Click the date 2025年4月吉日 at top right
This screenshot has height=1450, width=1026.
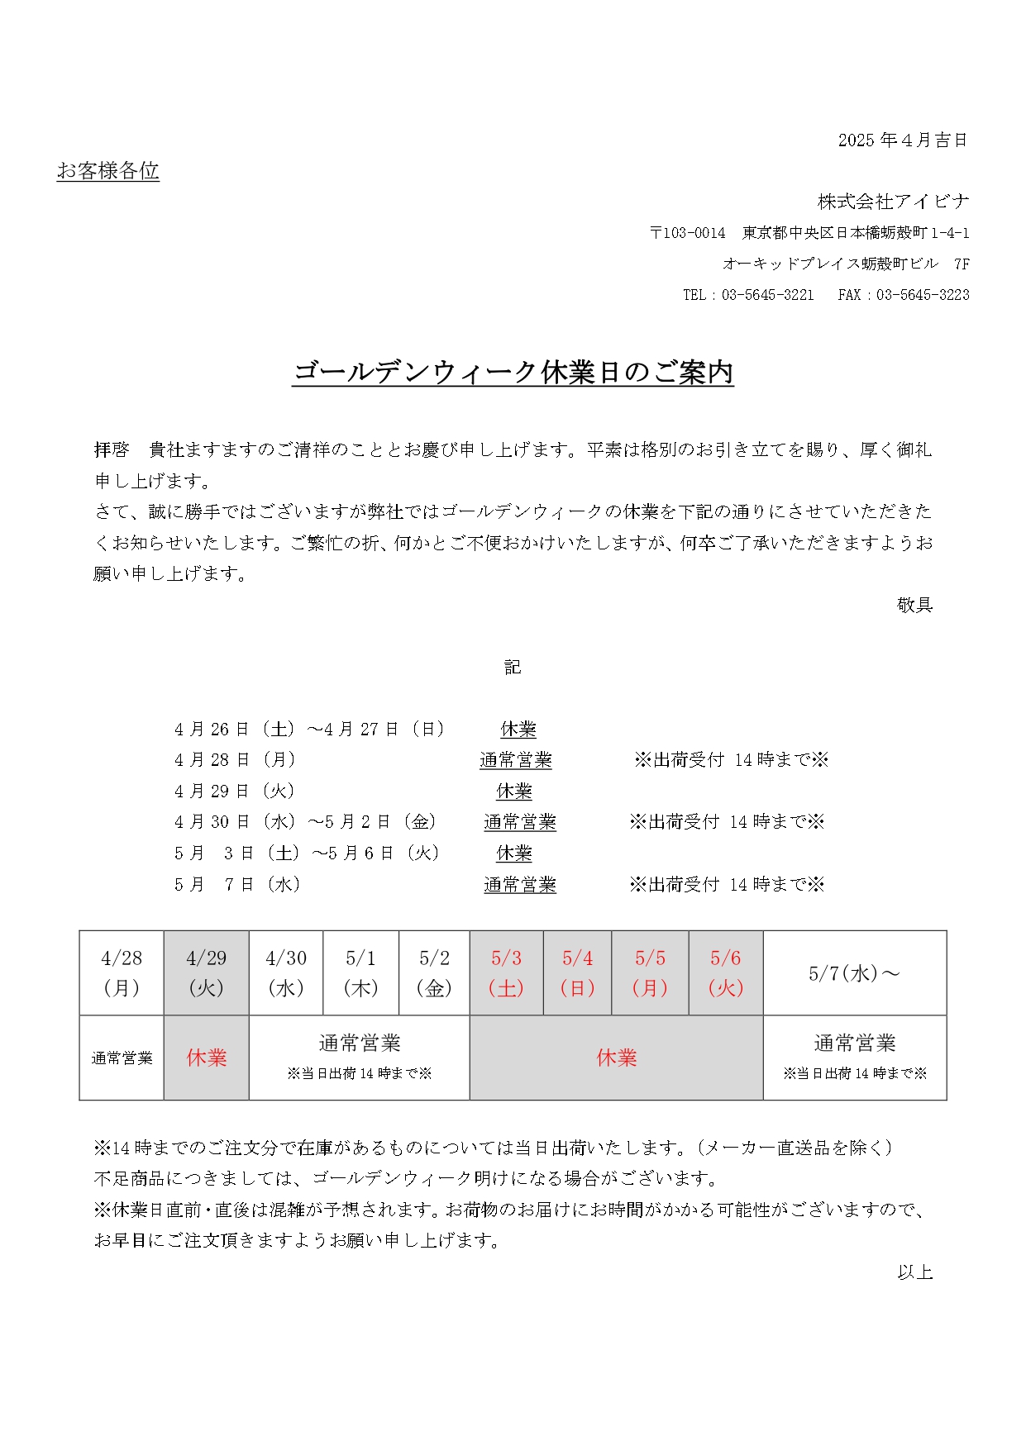pos(902,140)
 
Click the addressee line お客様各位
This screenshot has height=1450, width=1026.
pos(107,171)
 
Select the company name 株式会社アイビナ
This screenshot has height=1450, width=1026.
pos(893,202)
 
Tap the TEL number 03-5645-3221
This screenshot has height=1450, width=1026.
pos(767,295)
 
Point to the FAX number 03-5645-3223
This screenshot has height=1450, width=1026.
pos(923,295)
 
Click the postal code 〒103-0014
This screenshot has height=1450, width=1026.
pos(687,233)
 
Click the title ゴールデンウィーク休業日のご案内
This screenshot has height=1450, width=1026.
pos(513,373)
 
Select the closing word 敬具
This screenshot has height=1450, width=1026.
pos(914,605)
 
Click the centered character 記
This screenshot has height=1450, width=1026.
pos(513,668)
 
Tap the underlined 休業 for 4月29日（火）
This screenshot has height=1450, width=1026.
pos(514,792)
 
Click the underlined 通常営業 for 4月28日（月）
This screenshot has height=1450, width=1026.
pos(516,760)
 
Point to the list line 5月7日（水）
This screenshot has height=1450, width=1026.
pos(237,885)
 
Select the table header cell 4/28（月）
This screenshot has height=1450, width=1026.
pos(122,973)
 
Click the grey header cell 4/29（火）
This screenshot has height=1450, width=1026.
pos(206,973)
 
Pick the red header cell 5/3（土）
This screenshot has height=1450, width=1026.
pos(506,973)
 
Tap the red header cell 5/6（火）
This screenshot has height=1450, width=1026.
pos(726,973)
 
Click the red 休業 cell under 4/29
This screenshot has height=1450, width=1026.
pos(206,1058)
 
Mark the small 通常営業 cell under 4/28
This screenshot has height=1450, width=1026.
pos(122,1058)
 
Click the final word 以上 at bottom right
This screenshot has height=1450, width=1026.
pos(914,1272)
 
